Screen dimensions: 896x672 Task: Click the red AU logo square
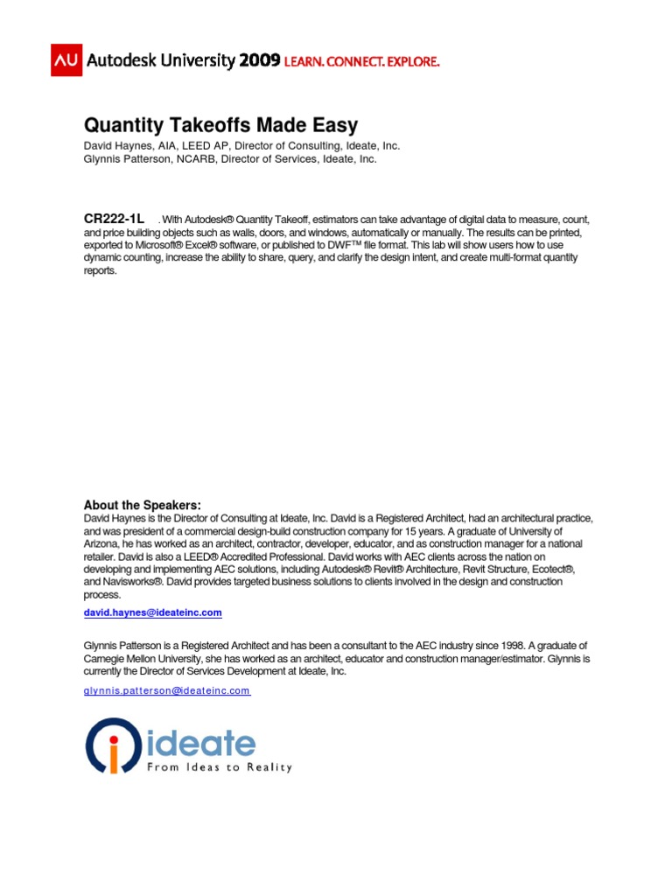click(x=66, y=59)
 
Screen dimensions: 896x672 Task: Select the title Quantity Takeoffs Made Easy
click(x=220, y=125)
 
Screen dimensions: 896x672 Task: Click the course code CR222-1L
click(x=114, y=218)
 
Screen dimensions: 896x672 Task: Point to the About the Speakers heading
click(x=142, y=505)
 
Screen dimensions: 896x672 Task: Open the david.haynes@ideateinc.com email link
click(x=152, y=612)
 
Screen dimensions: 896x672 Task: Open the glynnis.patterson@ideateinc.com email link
click(x=166, y=690)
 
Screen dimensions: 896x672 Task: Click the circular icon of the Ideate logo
click(x=113, y=745)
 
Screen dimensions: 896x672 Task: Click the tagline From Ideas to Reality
click(x=219, y=767)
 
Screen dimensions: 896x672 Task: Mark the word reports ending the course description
click(x=101, y=271)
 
